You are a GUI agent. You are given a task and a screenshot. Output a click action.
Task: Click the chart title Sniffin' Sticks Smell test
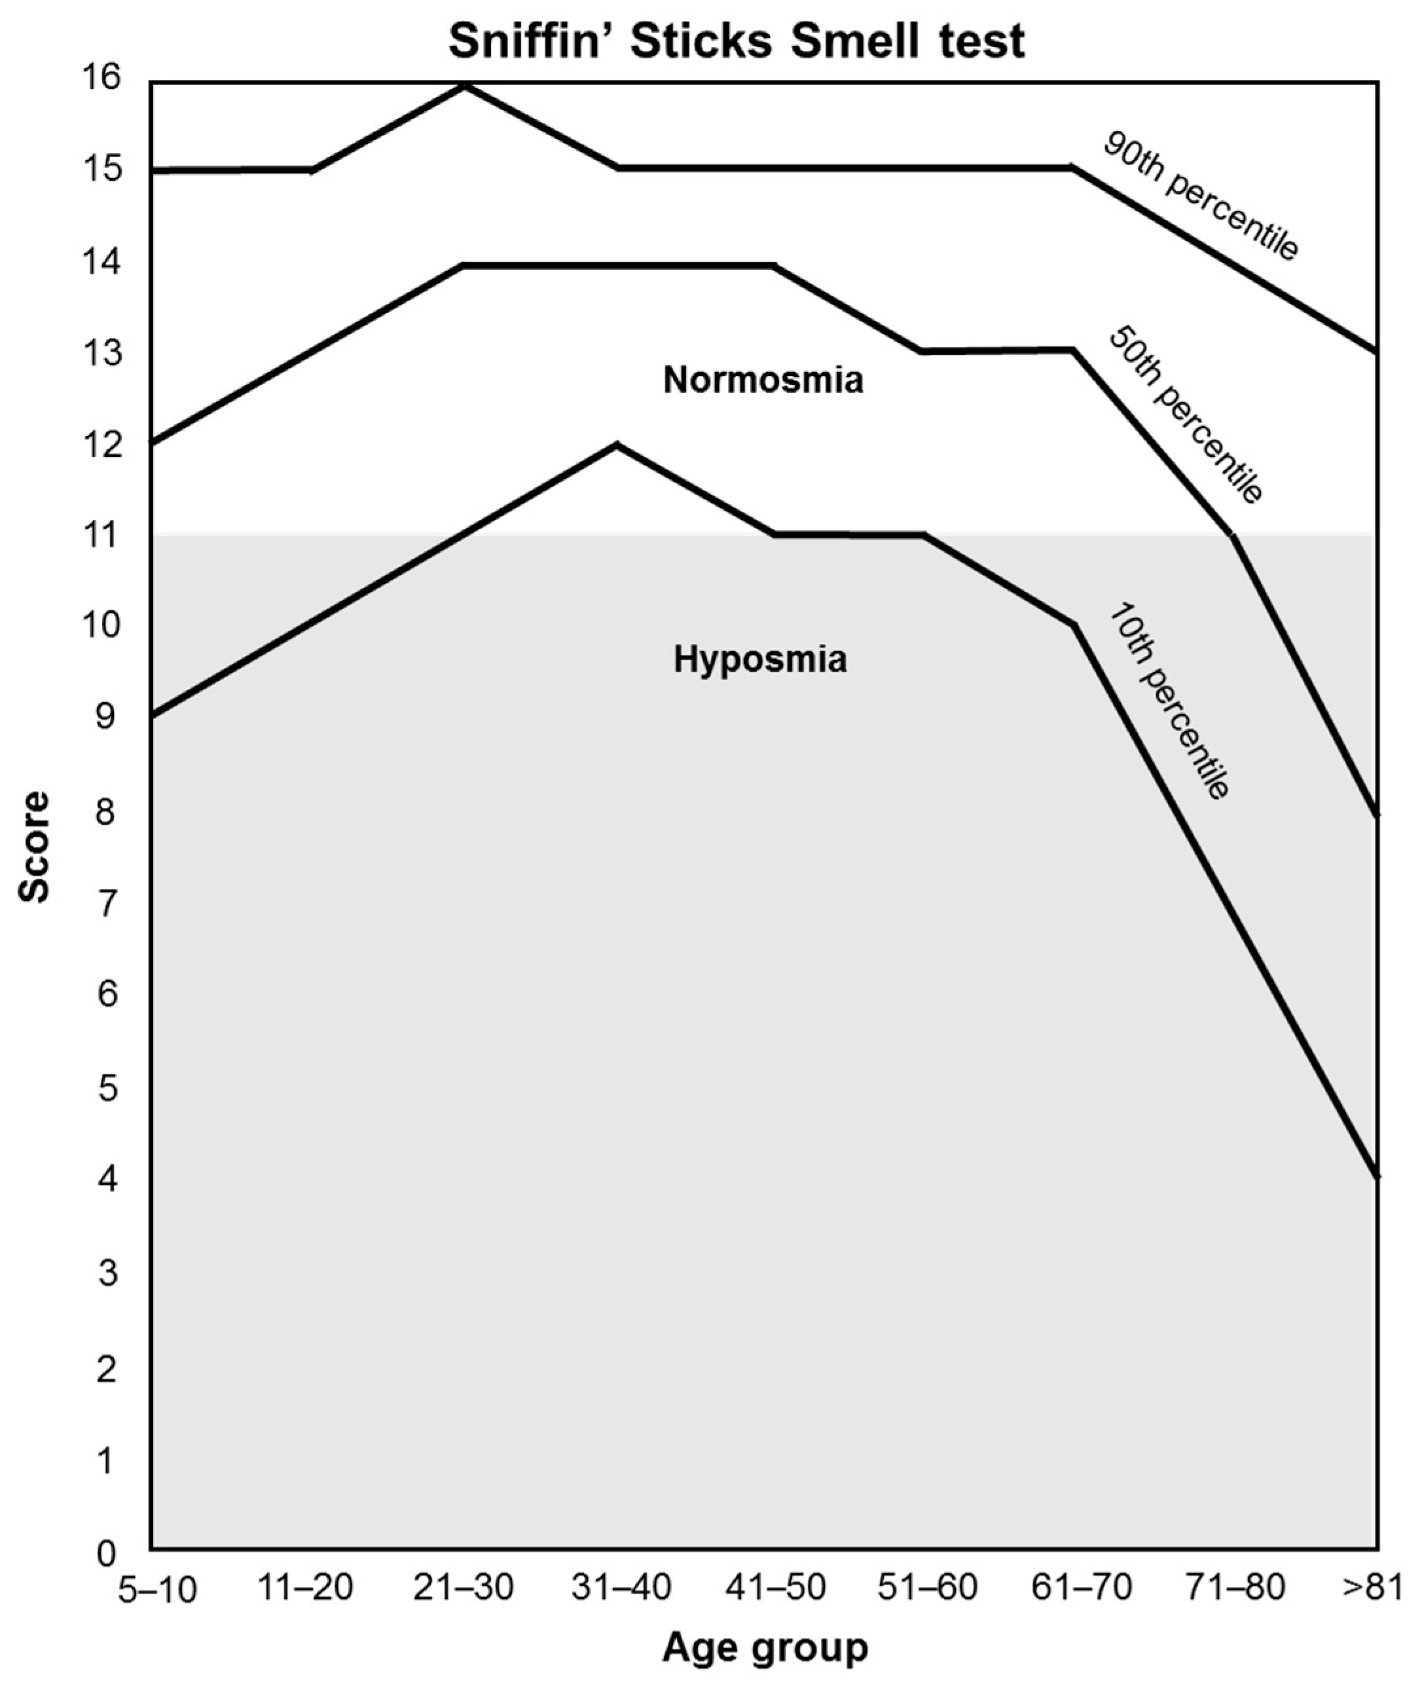737,42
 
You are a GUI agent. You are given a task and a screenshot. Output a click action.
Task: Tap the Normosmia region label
762,380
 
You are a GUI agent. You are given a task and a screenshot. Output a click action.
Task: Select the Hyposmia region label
760,659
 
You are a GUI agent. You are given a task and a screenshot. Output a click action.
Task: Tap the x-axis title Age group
765,1647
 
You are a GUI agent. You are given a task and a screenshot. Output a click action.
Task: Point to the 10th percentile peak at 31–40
616,445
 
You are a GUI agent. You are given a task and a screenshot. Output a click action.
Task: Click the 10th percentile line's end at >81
1377,1177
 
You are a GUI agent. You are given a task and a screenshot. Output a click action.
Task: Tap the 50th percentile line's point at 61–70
1072,350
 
